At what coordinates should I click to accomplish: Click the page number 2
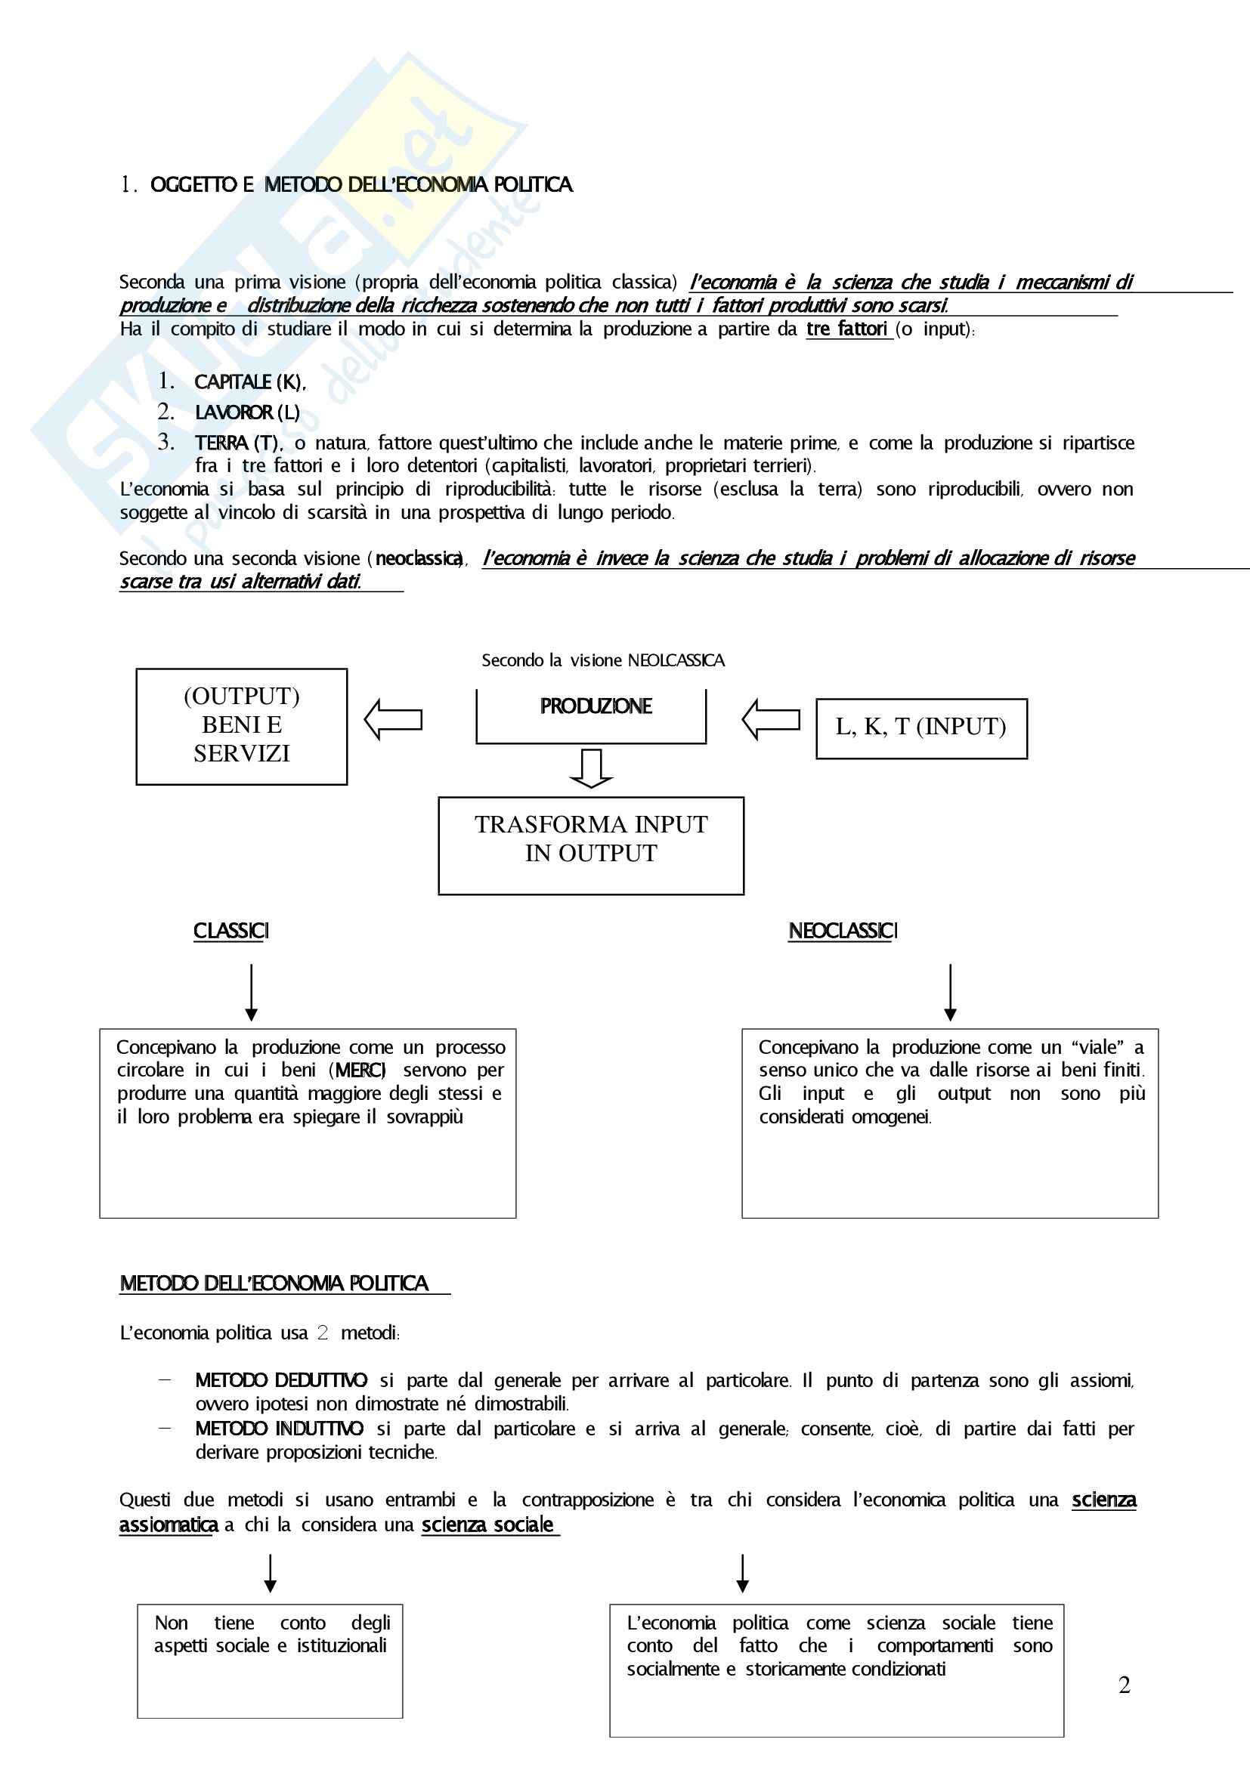(1124, 1685)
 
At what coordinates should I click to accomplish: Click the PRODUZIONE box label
(596, 706)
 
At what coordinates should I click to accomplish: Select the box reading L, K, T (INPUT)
(921, 727)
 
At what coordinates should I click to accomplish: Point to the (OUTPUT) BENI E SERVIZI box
(242, 726)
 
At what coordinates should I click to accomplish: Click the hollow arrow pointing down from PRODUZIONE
(591, 768)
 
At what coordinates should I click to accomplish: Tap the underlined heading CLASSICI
(231, 931)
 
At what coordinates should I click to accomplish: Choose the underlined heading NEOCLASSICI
(843, 931)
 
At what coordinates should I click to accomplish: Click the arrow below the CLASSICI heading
(251, 993)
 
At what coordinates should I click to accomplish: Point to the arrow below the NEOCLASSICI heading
(950, 993)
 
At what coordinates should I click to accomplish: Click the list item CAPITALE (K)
(249, 382)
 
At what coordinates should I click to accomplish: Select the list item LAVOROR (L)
(247, 413)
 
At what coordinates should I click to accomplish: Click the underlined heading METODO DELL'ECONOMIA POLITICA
(274, 1284)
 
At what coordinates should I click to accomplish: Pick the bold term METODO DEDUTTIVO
(281, 1381)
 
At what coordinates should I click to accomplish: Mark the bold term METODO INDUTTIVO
(280, 1429)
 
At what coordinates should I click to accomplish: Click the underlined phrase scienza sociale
(488, 1525)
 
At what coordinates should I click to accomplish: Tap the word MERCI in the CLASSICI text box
(360, 1070)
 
